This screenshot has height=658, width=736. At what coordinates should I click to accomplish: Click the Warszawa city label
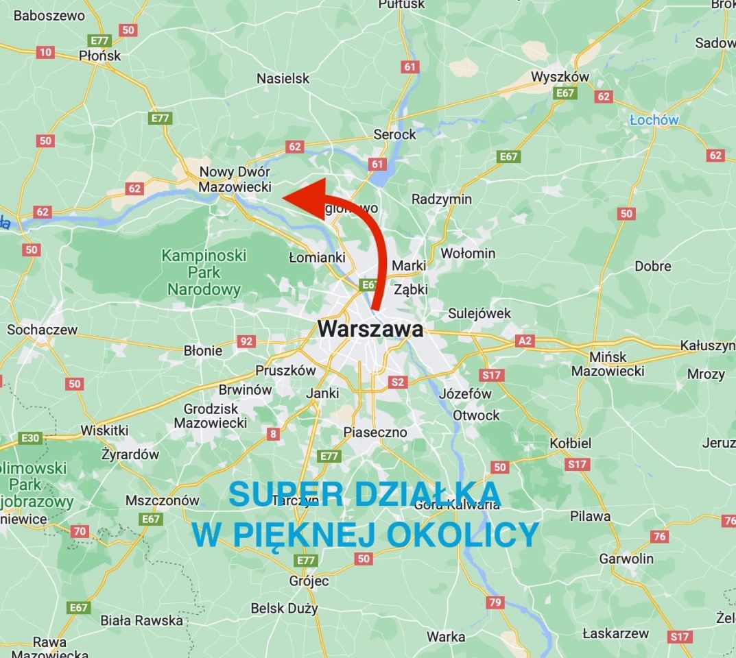370,329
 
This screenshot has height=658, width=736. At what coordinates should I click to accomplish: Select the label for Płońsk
100,56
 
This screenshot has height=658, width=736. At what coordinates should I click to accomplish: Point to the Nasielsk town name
283,78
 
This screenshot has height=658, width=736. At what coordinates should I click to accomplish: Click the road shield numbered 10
45,52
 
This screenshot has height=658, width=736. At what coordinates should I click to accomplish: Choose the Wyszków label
560,77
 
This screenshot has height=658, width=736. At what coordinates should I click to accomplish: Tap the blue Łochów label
654,120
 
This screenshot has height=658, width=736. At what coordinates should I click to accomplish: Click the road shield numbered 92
246,341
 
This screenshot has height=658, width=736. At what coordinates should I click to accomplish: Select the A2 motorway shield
525,341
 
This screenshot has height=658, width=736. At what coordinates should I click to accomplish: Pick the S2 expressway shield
397,382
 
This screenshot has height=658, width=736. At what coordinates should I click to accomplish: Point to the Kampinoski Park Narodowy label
204,272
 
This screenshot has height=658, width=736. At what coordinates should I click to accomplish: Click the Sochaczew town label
43,330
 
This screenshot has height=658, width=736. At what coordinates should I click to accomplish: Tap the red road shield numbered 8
274,433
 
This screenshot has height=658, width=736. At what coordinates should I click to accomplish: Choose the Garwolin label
626,558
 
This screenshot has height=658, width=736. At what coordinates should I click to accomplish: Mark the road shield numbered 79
495,602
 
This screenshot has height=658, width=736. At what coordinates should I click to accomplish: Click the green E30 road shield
31,438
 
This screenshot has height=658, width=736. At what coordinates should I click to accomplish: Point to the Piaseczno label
375,432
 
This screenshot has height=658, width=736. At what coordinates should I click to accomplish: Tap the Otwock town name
476,415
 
